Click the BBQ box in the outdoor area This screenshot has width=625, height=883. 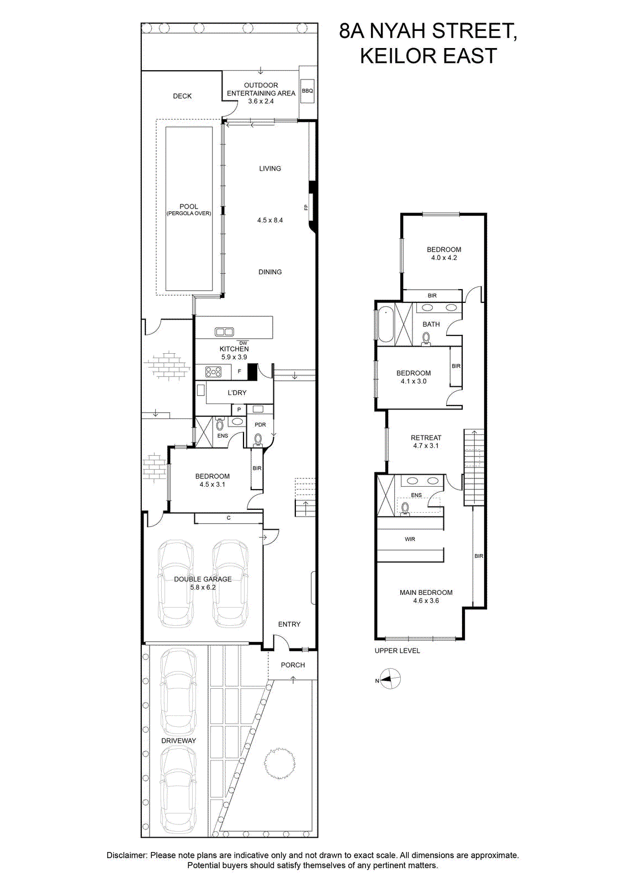[x=307, y=91]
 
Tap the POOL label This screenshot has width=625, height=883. [x=189, y=206]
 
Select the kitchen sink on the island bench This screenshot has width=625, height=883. [x=224, y=332]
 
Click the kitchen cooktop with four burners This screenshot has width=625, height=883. [x=213, y=371]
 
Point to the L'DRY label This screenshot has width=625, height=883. [x=237, y=392]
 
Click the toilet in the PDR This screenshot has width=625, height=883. [x=258, y=440]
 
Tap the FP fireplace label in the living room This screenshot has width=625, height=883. [x=306, y=208]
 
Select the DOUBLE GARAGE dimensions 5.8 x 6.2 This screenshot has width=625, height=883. [x=203, y=587]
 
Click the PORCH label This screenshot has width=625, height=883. [x=293, y=665]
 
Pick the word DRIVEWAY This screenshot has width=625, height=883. [x=178, y=741]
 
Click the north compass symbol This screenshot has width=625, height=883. [x=390, y=679]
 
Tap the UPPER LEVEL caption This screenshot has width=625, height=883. [x=397, y=651]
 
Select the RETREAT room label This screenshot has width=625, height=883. [x=426, y=438]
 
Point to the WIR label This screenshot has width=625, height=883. [x=410, y=539]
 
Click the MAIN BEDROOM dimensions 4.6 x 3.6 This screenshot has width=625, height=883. [x=426, y=601]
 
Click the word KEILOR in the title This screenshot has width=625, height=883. [x=398, y=56]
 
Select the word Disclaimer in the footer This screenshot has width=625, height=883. [x=126, y=855]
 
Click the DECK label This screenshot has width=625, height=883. [x=182, y=96]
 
